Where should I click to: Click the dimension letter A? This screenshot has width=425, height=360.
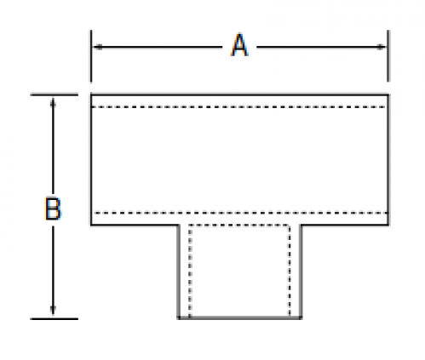(x=239, y=45)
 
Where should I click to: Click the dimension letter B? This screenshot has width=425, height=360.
(x=53, y=209)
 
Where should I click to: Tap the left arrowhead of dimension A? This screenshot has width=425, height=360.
(x=98, y=47)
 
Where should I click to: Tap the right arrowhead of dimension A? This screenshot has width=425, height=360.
(x=382, y=47)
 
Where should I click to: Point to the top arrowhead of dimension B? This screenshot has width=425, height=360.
(x=53, y=103)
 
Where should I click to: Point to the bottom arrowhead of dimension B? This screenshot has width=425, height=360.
(x=53, y=311)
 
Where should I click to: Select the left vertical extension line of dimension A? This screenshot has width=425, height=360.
(x=91, y=56)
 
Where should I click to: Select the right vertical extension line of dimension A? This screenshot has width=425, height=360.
(x=388, y=56)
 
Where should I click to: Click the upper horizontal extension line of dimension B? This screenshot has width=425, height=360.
(x=55, y=94)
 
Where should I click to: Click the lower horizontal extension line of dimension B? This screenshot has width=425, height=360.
(x=55, y=319)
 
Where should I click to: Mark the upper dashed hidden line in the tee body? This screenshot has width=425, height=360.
(x=238, y=107)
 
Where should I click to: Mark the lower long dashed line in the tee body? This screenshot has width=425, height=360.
(x=241, y=213)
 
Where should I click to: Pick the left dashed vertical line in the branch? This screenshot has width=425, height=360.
(x=190, y=271)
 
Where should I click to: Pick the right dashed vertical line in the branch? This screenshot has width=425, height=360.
(x=290, y=271)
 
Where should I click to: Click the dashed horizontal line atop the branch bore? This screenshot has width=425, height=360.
(x=239, y=226)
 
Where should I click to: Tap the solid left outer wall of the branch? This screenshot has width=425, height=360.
(x=179, y=271)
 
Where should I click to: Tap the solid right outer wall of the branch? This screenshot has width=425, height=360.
(x=301, y=271)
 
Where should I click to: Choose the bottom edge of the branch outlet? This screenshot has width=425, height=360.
(x=239, y=317)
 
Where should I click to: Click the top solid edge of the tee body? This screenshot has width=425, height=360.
(x=239, y=94)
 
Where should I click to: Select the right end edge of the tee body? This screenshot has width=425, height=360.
(x=388, y=159)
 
